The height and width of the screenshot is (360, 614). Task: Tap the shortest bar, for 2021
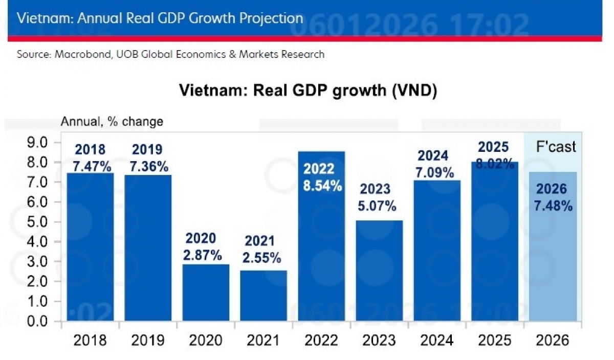click(x=264, y=297)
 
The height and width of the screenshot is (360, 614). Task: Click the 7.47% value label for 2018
click(x=90, y=166)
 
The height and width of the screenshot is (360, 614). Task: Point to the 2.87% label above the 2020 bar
click(x=204, y=255)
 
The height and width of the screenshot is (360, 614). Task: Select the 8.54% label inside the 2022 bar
click(x=322, y=186)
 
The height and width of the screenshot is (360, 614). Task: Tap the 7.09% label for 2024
click(x=435, y=172)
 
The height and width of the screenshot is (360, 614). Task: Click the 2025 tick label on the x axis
click(x=494, y=340)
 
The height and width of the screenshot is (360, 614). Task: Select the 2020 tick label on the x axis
click(x=206, y=340)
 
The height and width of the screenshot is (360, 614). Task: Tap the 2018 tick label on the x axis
click(x=90, y=340)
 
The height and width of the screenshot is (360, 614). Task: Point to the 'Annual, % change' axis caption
click(x=112, y=122)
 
